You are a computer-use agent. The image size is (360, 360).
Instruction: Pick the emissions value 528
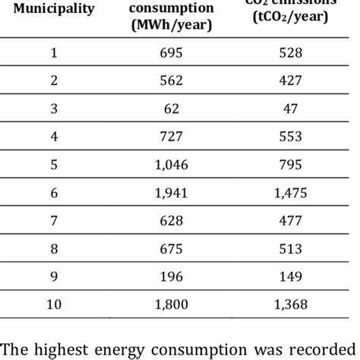pyautogui.click(x=289, y=53)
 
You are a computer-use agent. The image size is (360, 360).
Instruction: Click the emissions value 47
pyautogui.click(x=289, y=108)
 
